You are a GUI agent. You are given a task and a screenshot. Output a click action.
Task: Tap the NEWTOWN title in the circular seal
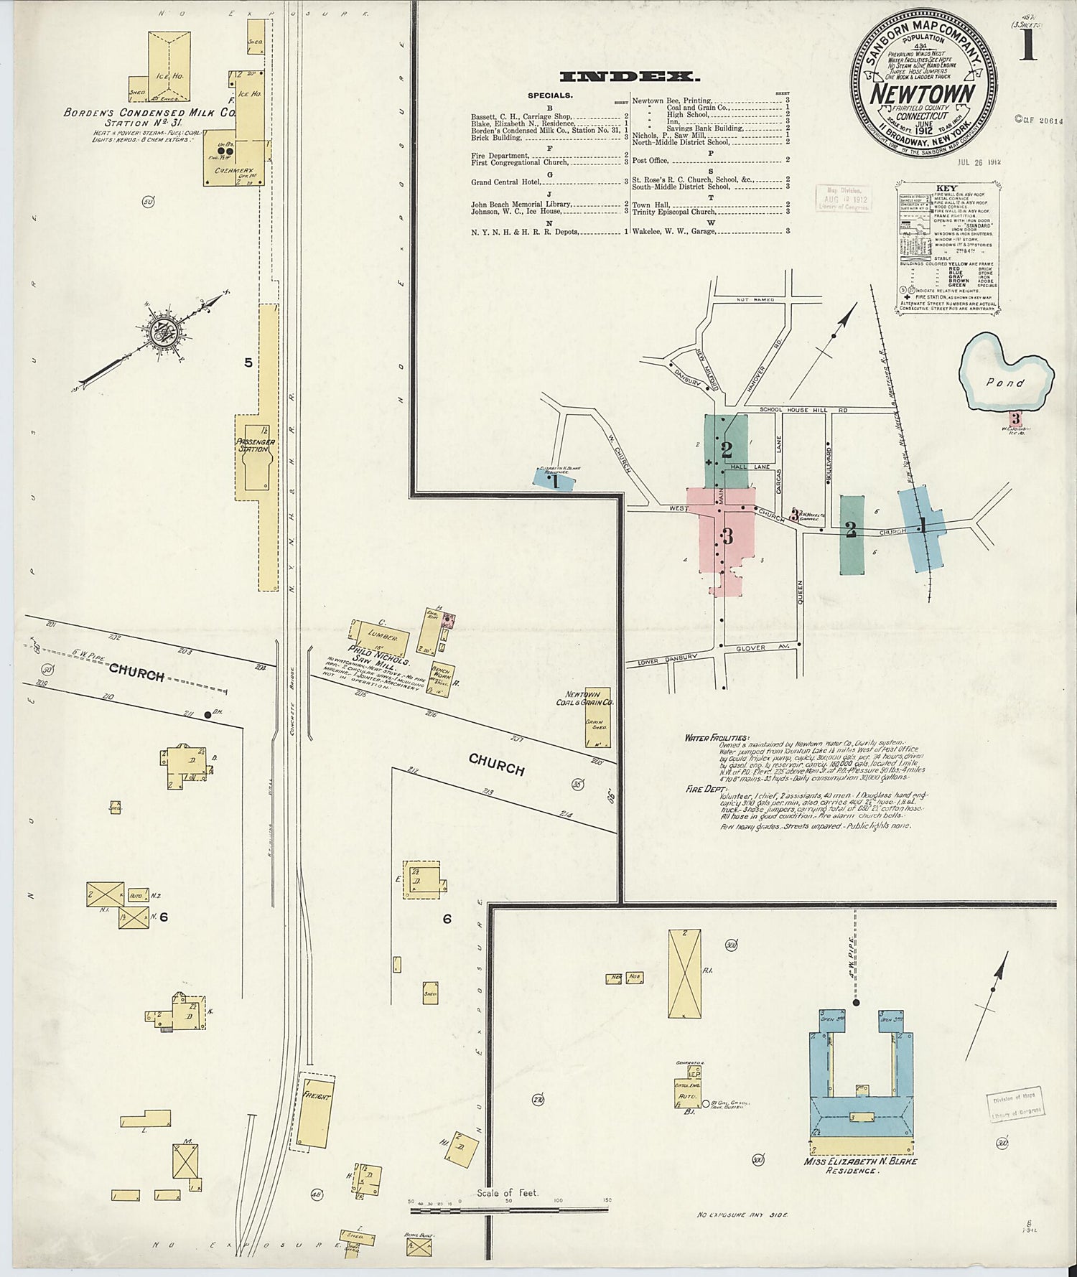[x=923, y=93]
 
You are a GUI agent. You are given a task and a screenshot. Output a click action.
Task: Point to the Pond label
[x=1004, y=383]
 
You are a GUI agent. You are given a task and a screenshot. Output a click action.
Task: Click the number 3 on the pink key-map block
[x=727, y=535]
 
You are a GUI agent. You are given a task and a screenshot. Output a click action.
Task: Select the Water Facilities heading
[x=717, y=737]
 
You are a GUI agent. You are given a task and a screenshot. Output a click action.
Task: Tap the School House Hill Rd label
[x=798, y=409]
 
